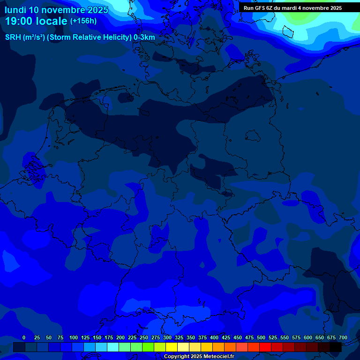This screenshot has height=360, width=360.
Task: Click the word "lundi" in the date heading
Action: [15, 10]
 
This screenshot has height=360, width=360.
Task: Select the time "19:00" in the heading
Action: [19, 22]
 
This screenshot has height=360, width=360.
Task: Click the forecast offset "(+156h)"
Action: [83, 21]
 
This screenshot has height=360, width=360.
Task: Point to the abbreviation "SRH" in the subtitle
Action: [13, 37]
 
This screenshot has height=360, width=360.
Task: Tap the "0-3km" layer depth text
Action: [144, 37]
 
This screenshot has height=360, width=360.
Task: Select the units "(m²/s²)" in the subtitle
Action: [34, 37]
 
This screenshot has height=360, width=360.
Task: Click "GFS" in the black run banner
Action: [261, 8]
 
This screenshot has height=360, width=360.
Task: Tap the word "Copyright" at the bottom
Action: [177, 357]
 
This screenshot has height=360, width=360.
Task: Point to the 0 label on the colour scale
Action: [24, 337]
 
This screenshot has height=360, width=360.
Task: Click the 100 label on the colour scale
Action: [74, 337]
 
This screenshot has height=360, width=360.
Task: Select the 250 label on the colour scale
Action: [144, 337]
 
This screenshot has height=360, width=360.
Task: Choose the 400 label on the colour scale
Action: [214, 337]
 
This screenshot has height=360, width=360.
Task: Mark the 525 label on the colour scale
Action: [273, 337]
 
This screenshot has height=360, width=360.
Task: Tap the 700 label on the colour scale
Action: [343, 337]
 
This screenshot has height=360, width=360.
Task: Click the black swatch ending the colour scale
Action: [336, 347]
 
